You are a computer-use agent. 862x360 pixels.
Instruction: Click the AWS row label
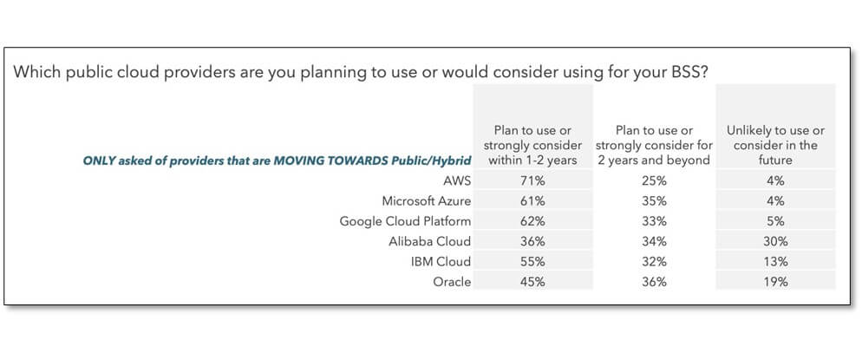click(457, 180)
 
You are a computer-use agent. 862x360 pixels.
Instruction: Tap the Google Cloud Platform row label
click(405, 221)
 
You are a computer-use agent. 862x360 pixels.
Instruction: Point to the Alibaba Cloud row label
click(430, 241)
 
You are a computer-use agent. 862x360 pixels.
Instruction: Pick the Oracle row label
click(453, 282)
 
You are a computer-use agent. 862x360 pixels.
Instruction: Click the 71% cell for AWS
click(532, 180)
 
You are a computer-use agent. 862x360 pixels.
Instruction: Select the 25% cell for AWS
click(654, 180)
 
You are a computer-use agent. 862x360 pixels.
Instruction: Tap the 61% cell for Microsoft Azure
click(532, 201)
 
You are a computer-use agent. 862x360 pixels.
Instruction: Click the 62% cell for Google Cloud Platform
click(532, 221)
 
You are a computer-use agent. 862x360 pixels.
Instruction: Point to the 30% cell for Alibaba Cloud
click(775, 241)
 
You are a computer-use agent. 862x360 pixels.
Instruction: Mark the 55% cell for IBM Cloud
click(532, 262)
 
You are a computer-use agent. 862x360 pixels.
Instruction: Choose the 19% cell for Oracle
click(775, 282)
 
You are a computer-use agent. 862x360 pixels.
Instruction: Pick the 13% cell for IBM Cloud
click(775, 262)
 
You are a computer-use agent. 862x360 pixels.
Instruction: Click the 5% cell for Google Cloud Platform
click(775, 221)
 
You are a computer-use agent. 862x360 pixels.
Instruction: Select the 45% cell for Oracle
click(532, 282)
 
